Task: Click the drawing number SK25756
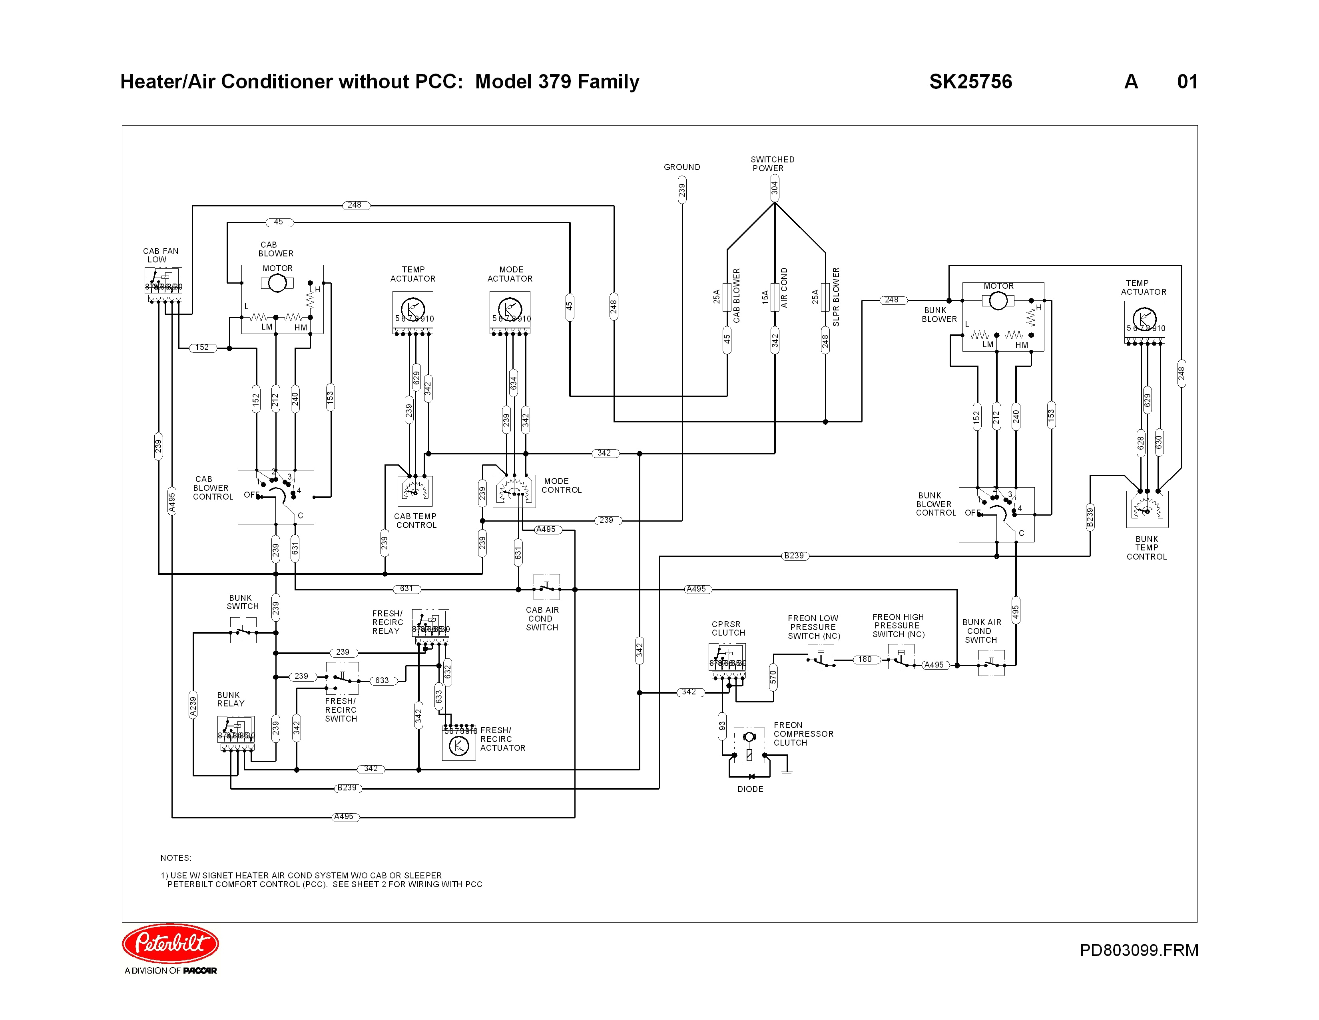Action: [x=970, y=82]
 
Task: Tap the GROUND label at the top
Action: [x=682, y=167]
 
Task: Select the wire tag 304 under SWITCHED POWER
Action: [x=774, y=188]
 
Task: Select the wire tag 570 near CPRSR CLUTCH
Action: [x=773, y=677]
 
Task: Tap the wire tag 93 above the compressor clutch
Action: [x=722, y=726]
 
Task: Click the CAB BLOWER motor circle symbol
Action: [x=277, y=283]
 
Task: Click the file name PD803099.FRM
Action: [x=1138, y=950]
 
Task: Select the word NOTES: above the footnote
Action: [x=176, y=858]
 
